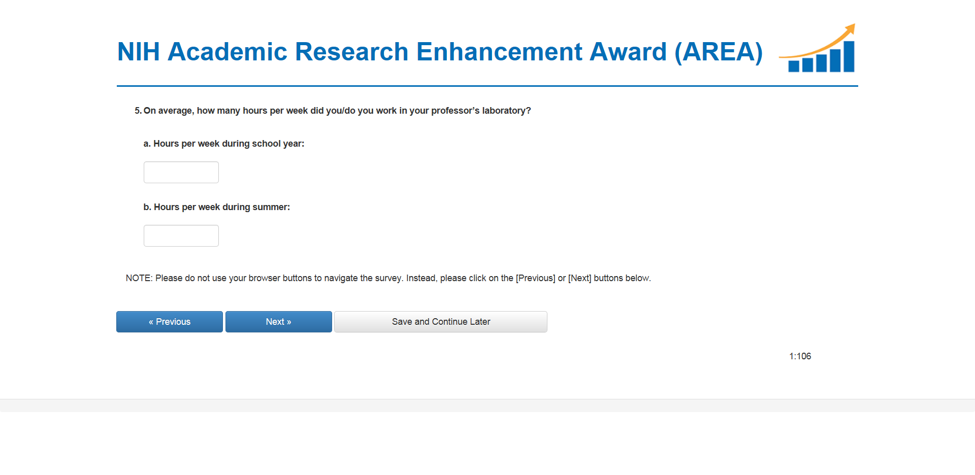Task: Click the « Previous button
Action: coord(170,322)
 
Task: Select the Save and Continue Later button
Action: coord(441,322)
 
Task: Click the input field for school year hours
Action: coord(181,172)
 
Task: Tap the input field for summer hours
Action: coord(181,235)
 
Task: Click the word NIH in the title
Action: coord(139,52)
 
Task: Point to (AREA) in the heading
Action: coord(719,52)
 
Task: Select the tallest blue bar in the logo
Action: coord(849,56)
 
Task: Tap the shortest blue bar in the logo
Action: coord(794,66)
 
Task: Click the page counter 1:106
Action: coord(800,356)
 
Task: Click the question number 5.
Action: coord(138,111)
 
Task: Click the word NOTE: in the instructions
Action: coord(139,278)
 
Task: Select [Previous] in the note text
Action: coord(536,278)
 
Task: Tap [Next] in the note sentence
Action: coord(580,278)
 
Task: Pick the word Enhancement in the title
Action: coord(499,52)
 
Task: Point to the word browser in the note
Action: coord(264,278)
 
